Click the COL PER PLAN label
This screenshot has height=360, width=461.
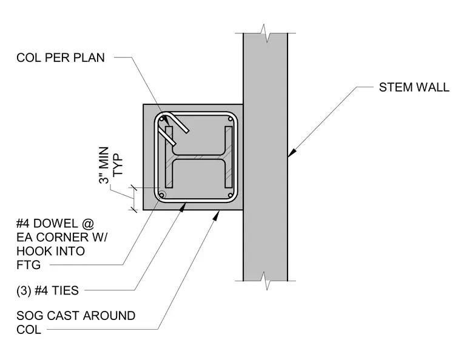61,58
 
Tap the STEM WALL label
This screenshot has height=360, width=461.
414,87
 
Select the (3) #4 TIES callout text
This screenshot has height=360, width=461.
48,290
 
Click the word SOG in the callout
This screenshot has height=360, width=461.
30,316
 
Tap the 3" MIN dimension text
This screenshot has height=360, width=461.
104,165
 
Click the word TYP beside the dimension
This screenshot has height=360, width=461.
118,165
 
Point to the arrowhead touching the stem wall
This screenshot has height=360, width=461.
292,153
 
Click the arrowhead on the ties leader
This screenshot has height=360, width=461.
183,207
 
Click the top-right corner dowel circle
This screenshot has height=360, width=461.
231,119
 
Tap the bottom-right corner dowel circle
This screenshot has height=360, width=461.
231,195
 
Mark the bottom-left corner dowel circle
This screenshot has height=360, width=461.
161,195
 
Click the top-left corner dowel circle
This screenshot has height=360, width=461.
161,119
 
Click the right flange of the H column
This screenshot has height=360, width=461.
229,157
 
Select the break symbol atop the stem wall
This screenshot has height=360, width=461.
265,33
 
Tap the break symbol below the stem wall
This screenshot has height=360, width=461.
265,281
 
